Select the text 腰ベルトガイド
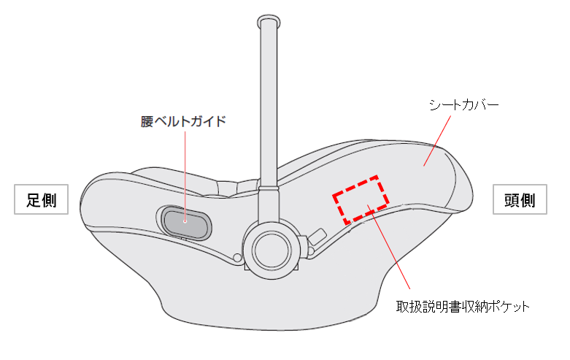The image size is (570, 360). tap(183, 121)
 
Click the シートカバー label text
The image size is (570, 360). tap(464, 105)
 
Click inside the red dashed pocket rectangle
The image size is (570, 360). tap(361, 198)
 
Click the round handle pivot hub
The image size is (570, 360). tap(271, 248)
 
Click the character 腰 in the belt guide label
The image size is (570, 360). tap(146, 121)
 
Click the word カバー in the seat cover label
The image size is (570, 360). tap(481, 105)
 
